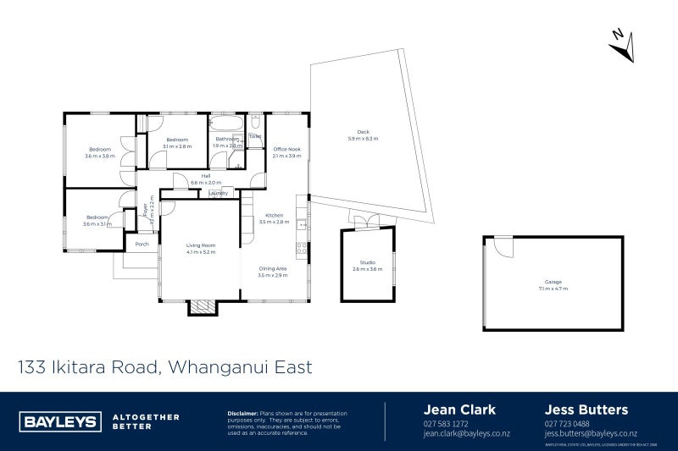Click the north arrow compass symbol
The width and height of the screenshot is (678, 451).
622,44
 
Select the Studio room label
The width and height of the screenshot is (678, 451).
367,266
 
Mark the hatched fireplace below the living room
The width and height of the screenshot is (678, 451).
201,308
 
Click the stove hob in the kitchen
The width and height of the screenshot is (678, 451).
301,248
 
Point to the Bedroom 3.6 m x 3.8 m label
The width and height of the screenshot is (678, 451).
99,152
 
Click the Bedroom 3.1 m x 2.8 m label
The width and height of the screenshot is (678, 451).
176,142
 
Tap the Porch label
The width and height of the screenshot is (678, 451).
142,245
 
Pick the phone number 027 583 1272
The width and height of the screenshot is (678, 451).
445,424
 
